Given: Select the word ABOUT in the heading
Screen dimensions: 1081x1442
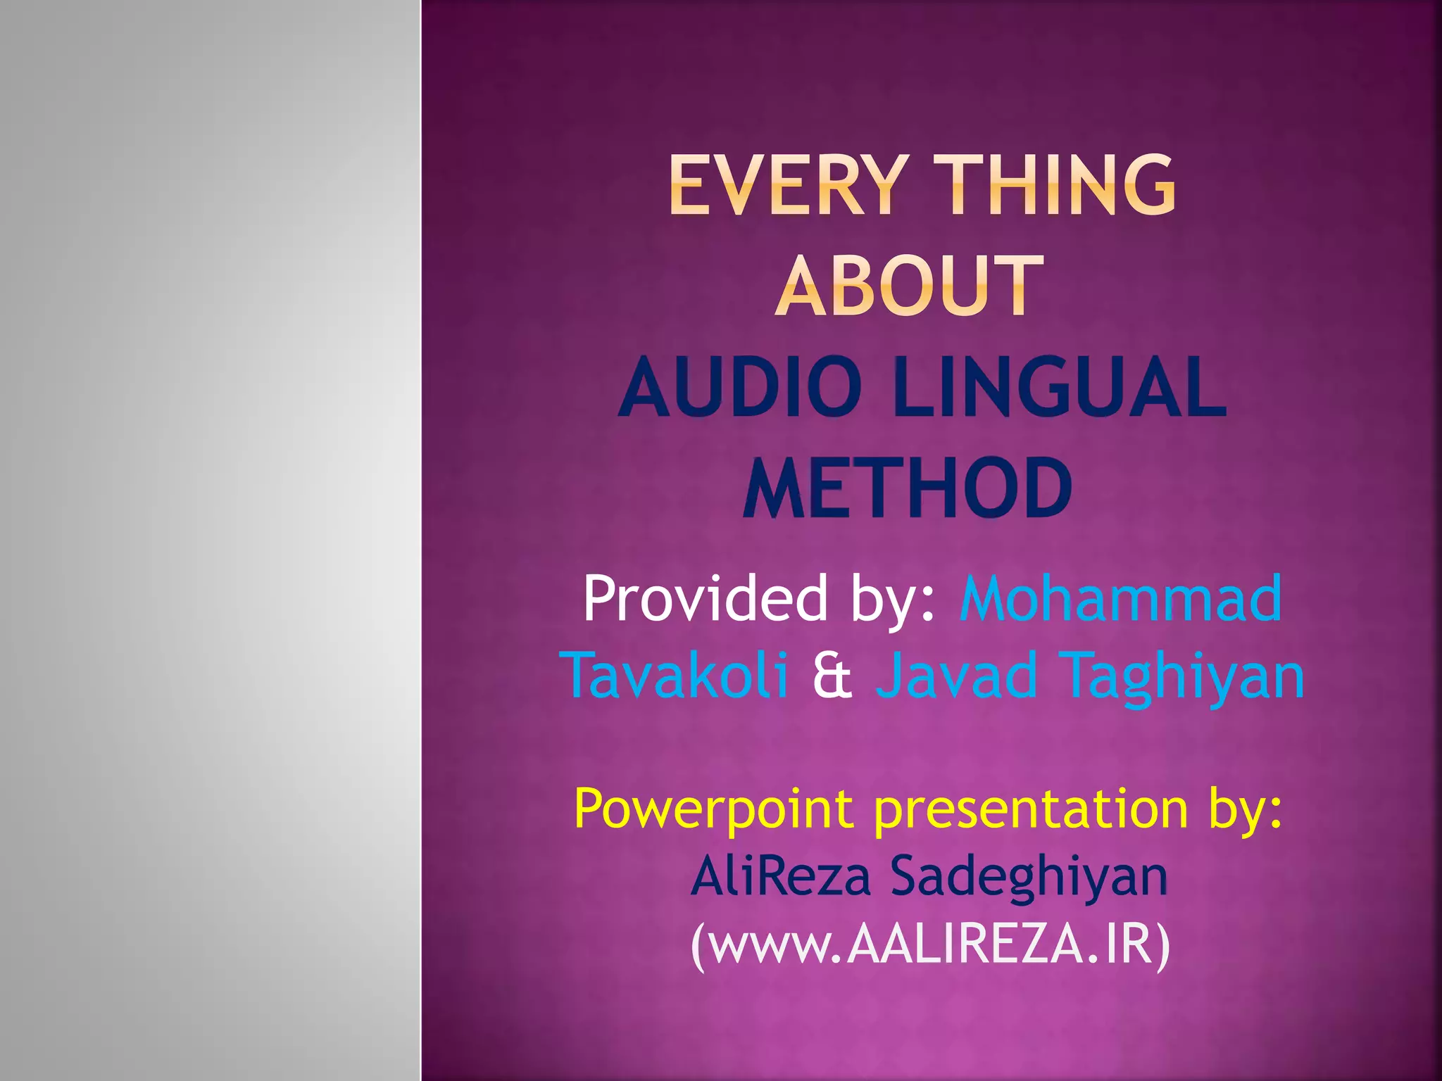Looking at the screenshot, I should (909, 286).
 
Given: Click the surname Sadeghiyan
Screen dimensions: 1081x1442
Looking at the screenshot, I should (1029, 878).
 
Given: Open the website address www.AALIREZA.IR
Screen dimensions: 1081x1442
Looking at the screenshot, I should (931, 945).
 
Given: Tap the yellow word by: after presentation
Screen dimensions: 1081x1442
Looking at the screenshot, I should (1246, 809).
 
